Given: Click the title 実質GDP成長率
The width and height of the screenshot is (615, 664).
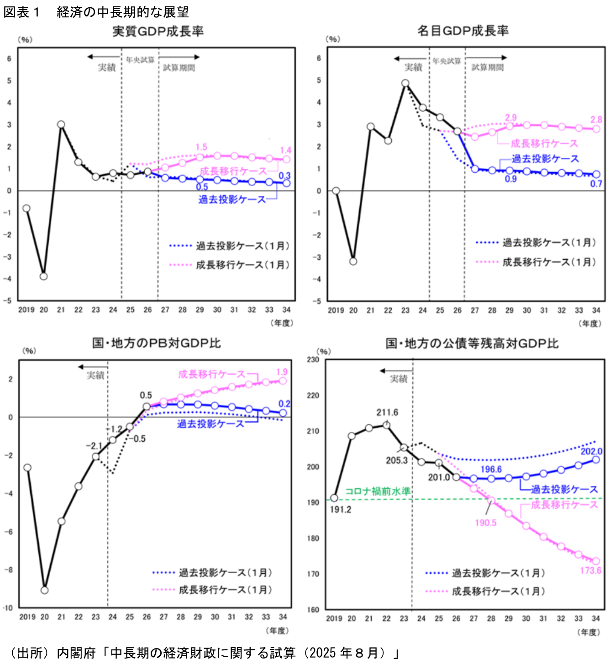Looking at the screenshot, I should click(158, 31).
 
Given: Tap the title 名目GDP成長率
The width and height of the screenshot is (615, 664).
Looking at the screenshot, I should click(463, 31).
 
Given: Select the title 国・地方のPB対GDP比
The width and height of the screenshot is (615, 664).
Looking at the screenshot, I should click(157, 343).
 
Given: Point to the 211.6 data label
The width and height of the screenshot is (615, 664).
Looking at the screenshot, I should click(387, 413).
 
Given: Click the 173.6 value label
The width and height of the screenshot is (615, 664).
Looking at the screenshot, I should click(590, 571).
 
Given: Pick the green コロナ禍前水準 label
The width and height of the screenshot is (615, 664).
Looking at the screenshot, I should click(378, 491).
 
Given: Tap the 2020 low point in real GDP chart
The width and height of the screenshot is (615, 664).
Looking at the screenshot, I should click(44, 276).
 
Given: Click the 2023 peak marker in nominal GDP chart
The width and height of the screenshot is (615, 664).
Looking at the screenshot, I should click(405, 83).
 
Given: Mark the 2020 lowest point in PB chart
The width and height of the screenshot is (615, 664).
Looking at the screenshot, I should click(45, 590).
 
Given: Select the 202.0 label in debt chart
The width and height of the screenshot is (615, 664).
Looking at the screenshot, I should click(591, 451).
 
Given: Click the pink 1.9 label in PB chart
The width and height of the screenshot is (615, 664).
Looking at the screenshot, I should click(282, 372).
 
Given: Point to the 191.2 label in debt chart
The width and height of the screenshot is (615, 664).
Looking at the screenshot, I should click(341, 509).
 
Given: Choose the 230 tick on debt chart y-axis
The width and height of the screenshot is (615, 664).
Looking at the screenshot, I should click(313, 360).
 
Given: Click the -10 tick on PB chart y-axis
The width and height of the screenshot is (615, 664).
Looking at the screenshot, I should click(8, 608).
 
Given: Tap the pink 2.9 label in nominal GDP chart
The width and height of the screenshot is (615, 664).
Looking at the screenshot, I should click(511, 118).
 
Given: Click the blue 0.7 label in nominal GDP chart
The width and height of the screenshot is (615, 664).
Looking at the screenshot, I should click(596, 184).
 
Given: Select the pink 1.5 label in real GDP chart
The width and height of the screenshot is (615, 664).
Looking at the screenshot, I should click(201, 147).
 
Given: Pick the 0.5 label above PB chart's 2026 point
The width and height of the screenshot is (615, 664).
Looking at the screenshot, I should click(146, 395).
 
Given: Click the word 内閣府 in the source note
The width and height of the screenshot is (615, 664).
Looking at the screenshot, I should click(76, 653).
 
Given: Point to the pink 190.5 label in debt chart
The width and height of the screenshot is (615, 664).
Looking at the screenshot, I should click(485, 523).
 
